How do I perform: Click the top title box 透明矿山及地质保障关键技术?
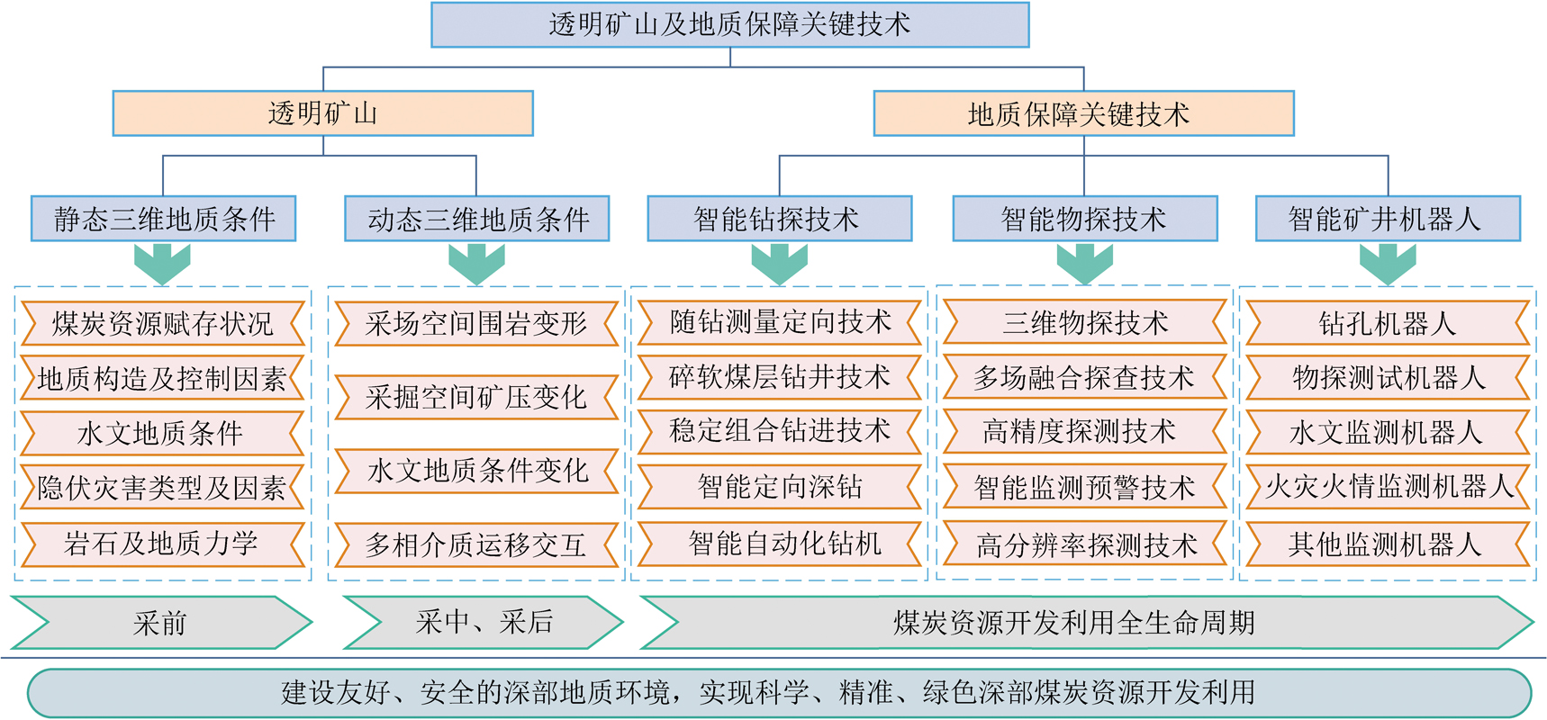[729, 25]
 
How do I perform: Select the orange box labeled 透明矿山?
[322, 113]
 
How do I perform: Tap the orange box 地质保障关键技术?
[1083, 113]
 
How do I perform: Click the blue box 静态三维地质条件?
[163, 219]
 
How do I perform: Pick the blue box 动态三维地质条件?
[476, 219]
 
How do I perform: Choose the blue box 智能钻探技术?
[779, 219]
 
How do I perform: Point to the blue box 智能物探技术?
[1084, 219]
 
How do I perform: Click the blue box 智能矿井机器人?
[1388, 219]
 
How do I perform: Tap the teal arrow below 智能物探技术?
[1084, 264]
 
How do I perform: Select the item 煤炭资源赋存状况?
[162, 324]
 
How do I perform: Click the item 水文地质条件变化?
[476, 471]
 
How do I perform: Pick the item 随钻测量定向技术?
[779, 322]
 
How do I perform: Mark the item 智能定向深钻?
[779, 487]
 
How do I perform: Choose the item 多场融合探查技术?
[1084, 378]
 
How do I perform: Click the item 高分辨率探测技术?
[1084, 544]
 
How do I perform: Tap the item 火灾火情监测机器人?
[1388, 487]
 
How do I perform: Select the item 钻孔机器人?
[1388, 324]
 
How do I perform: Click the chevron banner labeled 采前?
[160, 622]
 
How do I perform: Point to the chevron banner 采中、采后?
[484, 622]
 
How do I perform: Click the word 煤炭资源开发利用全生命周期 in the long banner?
[1073, 622]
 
